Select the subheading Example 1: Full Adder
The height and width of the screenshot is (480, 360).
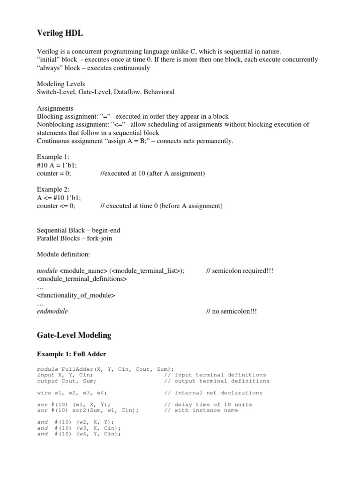(x=73, y=354)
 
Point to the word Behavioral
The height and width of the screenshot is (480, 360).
(x=158, y=92)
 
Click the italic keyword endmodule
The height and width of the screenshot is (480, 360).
(x=52, y=311)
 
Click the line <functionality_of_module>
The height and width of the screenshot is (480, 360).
(x=76, y=295)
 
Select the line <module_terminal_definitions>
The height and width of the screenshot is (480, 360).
(x=82, y=278)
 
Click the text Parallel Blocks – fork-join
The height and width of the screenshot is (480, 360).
(x=75, y=238)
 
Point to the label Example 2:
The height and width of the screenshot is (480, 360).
(x=53, y=189)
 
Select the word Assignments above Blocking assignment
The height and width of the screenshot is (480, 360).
(x=55, y=108)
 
